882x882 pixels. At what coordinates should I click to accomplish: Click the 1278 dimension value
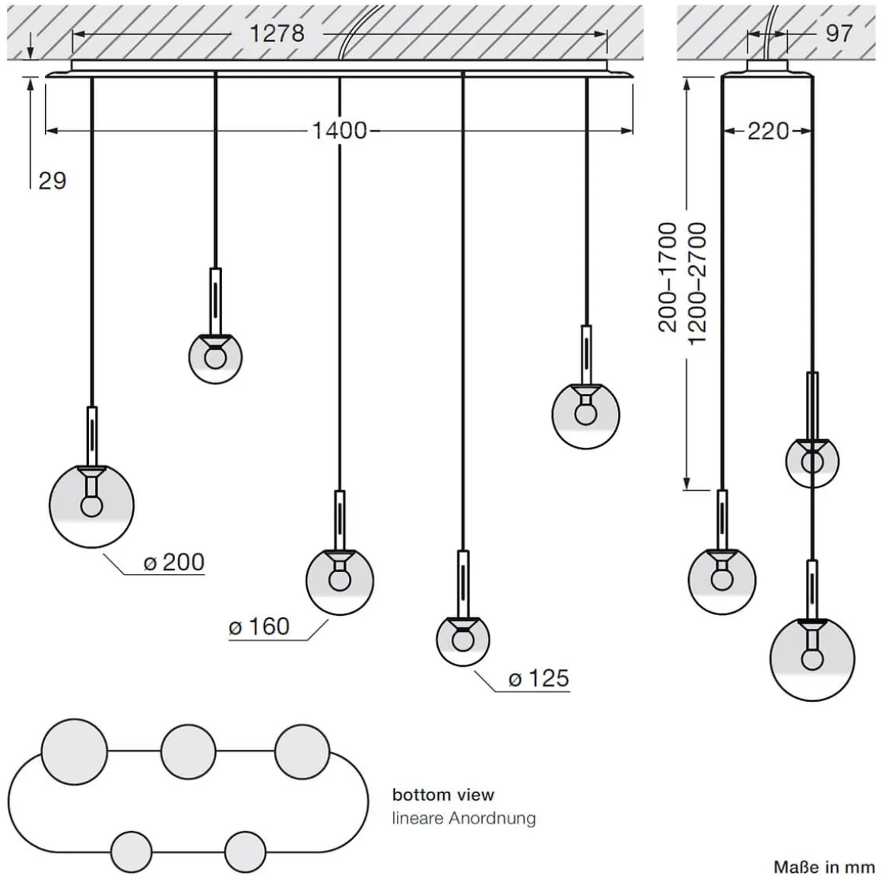pos(277,33)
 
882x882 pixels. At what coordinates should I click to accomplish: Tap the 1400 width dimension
pos(339,131)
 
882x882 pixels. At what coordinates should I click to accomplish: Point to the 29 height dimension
pos(52,181)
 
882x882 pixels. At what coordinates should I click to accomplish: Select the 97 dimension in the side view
pos(839,33)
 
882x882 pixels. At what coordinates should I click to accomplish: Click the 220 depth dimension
pos(768,131)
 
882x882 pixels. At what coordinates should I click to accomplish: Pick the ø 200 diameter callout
pos(174,562)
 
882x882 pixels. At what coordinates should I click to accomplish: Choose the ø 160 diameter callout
pos(259,627)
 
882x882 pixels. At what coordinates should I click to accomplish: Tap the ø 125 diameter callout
pos(538,678)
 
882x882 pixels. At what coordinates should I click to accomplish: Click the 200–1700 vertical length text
pos(668,277)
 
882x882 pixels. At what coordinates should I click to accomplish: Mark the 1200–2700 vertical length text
pos(696,283)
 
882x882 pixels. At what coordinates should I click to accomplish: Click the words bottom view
pos(443,795)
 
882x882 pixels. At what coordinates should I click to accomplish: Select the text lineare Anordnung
pos(464,818)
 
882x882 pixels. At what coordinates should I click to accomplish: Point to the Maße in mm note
pos(824,867)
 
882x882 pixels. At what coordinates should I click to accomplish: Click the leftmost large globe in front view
pos(91,503)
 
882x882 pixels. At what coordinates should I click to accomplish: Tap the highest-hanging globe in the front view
pos(216,357)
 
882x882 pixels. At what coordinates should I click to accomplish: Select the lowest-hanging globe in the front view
pos(462,637)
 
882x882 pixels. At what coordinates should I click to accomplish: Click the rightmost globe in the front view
pos(585,415)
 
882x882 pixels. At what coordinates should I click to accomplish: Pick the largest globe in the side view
pos(812,658)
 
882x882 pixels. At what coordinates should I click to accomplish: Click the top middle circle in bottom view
pos(189,751)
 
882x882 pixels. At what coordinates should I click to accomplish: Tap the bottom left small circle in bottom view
pos(131,850)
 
